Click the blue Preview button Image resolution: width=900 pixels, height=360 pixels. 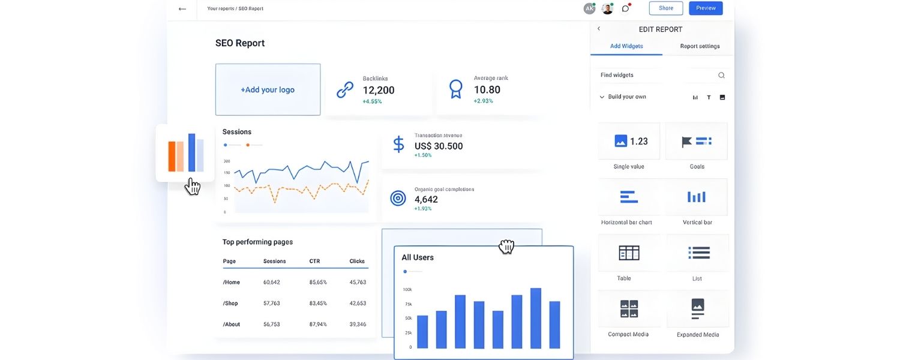706,8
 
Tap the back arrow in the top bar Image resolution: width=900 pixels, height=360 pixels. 182,9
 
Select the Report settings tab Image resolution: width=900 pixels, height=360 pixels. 700,46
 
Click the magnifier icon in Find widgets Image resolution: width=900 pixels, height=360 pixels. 721,76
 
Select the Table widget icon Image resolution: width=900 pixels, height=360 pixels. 629,253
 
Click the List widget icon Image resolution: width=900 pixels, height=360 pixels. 699,253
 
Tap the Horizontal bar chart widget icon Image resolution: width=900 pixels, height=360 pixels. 629,197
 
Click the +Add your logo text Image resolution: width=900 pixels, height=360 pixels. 268,90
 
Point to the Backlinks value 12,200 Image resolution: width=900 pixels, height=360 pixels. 379,91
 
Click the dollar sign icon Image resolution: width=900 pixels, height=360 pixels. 398,145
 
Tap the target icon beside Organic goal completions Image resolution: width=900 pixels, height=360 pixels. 398,198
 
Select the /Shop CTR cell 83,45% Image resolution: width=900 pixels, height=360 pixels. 318,304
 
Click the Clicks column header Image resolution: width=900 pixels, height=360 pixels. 357,262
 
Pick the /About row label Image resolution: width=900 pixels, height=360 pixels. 231,325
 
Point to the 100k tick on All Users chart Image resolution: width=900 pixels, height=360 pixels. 407,290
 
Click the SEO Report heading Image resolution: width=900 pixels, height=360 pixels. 240,43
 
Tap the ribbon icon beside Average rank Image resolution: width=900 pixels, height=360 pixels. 456,89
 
